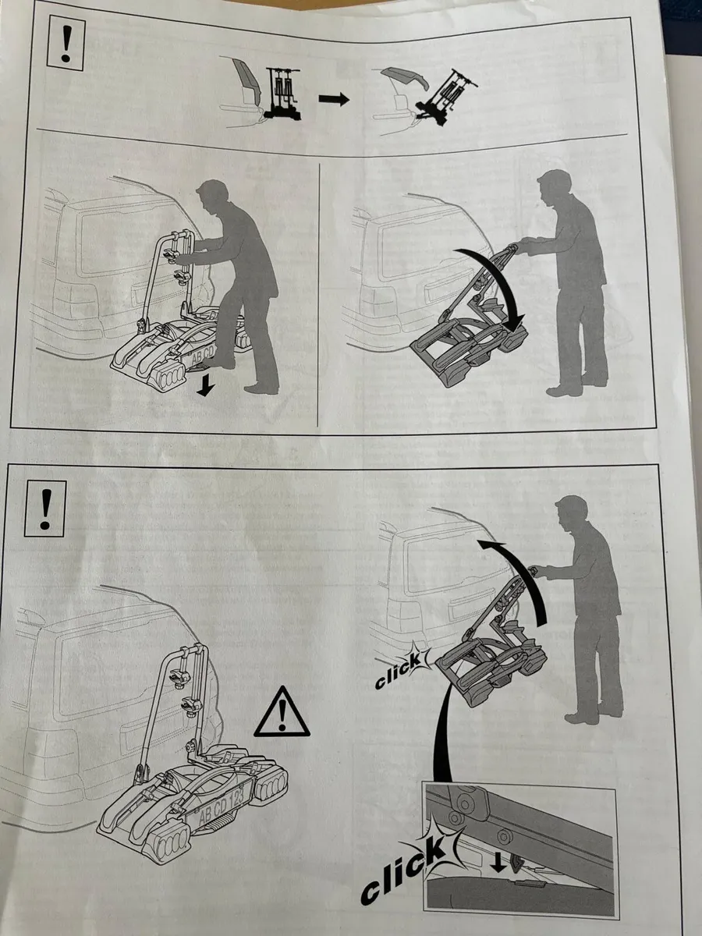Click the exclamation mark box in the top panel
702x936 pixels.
[66, 44]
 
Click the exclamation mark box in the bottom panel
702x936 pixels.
[45, 509]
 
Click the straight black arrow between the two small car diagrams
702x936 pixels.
[334, 99]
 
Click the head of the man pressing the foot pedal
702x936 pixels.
[211, 194]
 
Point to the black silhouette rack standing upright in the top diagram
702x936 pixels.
[282, 92]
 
